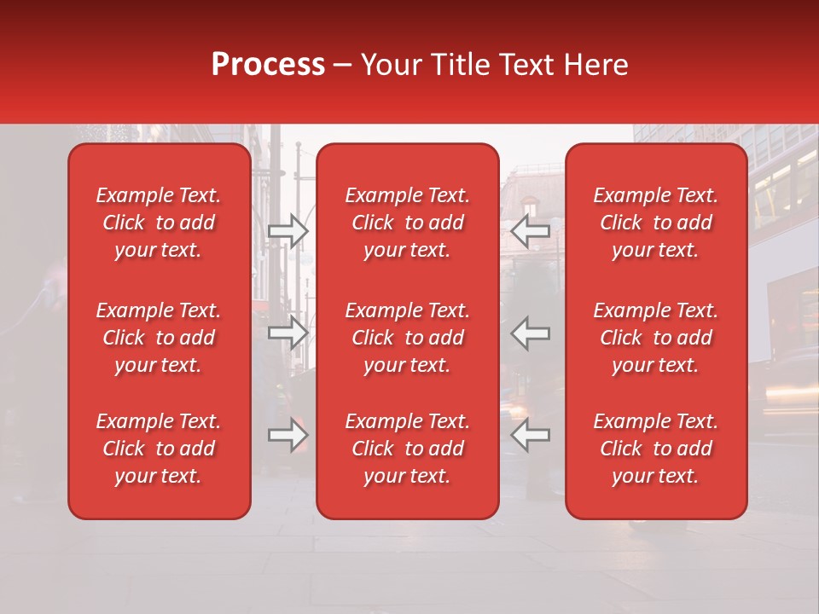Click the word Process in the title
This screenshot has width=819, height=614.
268,65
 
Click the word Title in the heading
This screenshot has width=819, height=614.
457,65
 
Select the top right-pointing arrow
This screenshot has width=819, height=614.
288,230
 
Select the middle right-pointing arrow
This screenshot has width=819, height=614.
288,333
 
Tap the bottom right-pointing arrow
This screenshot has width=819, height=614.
288,435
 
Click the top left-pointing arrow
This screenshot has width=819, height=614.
531,230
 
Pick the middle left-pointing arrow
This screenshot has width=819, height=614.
531,333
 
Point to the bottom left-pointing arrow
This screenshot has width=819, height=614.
531,435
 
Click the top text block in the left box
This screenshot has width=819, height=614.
159,223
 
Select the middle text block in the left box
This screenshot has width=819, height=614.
159,338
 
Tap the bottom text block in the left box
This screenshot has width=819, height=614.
159,449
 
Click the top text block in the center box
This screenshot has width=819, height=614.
407,223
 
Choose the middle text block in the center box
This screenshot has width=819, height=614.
407,338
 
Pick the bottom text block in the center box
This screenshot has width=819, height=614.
407,449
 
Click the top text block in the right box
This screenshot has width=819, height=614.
655,223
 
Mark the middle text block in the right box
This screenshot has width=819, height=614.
655,338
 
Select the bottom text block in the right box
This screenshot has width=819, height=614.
655,449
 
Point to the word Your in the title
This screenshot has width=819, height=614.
389,65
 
